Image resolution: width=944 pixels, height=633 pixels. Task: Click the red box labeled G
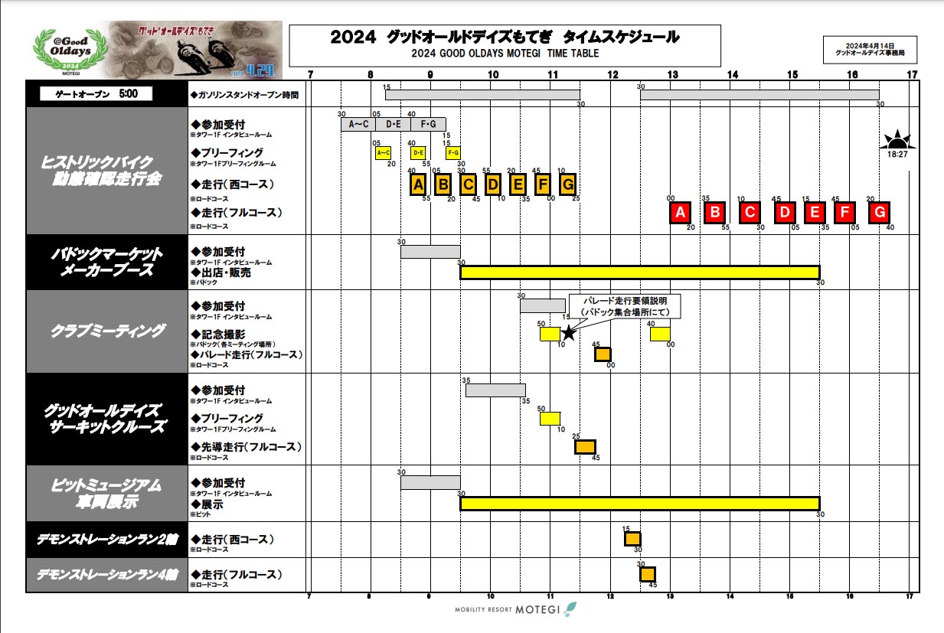pos(880,212)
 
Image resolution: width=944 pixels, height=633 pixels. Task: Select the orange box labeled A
pos(417,184)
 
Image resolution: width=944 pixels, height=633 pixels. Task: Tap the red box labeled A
pos(680,212)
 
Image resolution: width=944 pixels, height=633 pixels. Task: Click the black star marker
pos(568,333)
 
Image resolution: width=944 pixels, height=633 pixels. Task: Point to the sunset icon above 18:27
pos(897,140)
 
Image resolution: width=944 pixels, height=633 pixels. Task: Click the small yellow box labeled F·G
pos(453,152)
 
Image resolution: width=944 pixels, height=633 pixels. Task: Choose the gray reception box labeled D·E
pos(394,124)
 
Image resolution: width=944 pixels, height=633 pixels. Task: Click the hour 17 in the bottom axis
pos(910,596)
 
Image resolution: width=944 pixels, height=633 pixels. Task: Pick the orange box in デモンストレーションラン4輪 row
pos(648,574)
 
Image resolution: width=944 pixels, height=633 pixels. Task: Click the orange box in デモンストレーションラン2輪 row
pos(632,539)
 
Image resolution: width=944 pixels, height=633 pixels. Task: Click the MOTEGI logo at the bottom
pos(509,609)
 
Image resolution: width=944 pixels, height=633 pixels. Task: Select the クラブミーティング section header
pos(107,331)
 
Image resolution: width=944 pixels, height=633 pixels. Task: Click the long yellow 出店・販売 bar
pos(639,272)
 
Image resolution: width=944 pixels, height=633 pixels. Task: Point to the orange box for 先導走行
pos(585,447)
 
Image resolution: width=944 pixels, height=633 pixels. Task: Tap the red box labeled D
pos(784,212)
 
